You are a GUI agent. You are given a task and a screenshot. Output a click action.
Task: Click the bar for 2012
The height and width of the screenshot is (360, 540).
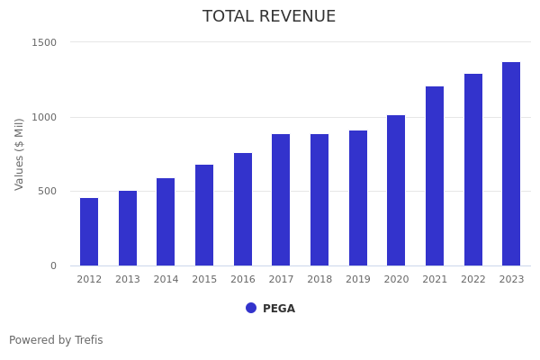click(x=89, y=232)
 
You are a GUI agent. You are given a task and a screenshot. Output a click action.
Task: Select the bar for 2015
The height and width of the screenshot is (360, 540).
click(x=204, y=215)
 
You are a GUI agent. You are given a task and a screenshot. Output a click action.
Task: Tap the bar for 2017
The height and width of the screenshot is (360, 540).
click(x=281, y=200)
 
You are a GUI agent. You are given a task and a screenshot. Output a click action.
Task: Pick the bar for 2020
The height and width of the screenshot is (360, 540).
click(x=396, y=191)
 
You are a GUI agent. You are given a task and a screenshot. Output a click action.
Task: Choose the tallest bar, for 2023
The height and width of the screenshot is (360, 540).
click(x=511, y=164)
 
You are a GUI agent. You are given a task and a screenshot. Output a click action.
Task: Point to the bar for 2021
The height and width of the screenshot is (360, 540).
click(x=435, y=176)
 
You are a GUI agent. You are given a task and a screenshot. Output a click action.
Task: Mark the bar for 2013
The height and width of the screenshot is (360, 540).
click(x=128, y=229)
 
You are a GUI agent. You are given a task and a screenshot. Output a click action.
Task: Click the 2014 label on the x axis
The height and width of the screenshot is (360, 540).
click(x=166, y=280)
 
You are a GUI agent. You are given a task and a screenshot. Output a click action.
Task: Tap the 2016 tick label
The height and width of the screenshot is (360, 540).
click(x=243, y=280)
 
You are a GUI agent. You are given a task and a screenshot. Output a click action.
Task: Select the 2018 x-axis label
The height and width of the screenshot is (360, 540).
click(x=319, y=280)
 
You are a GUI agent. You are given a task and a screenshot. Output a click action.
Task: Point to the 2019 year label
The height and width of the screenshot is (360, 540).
click(x=358, y=280)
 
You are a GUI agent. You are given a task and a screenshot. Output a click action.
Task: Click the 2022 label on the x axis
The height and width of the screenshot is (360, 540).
click(x=473, y=280)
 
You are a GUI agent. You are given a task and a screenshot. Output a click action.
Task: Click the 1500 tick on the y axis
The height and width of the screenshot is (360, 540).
click(x=45, y=42)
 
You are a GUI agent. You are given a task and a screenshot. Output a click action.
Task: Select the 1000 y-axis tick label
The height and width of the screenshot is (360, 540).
click(x=45, y=117)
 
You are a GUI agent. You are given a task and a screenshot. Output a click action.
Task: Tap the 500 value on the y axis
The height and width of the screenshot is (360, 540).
click(x=48, y=191)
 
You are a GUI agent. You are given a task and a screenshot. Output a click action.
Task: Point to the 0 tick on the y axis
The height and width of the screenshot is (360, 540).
click(x=53, y=265)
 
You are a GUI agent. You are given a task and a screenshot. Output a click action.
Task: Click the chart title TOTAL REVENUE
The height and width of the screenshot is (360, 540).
click(x=269, y=17)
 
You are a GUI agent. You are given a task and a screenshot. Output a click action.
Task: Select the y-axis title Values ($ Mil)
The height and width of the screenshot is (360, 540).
click(x=20, y=154)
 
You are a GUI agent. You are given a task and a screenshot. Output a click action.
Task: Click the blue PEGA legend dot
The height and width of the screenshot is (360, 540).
click(x=251, y=308)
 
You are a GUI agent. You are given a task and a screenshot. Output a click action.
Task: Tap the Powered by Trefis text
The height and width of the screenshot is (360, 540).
click(x=56, y=340)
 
